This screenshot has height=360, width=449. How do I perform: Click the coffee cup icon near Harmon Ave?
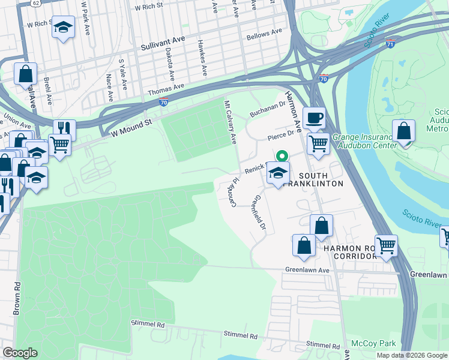click(313, 118)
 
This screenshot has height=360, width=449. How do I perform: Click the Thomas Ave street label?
click(165, 91)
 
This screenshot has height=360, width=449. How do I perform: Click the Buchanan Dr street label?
click(268, 108)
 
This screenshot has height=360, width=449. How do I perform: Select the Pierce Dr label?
click(281, 136)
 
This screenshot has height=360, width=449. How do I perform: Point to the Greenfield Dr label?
click(259, 214)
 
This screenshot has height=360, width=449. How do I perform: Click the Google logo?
click(20, 353)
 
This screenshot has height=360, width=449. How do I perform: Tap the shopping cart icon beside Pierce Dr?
click(318, 143)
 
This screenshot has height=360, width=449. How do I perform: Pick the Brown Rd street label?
click(17, 298)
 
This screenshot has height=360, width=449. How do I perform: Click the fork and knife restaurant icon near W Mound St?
click(64, 128)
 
